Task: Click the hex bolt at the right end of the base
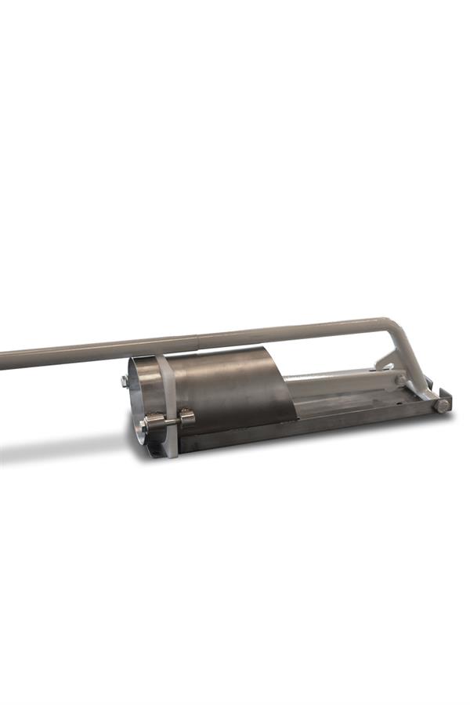click(442, 405)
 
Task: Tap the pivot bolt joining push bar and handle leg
click(400, 380)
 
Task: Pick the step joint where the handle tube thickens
click(197, 340)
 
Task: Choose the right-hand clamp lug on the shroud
click(186, 417)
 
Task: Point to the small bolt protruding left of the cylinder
click(125, 381)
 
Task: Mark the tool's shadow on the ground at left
click(63, 454)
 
